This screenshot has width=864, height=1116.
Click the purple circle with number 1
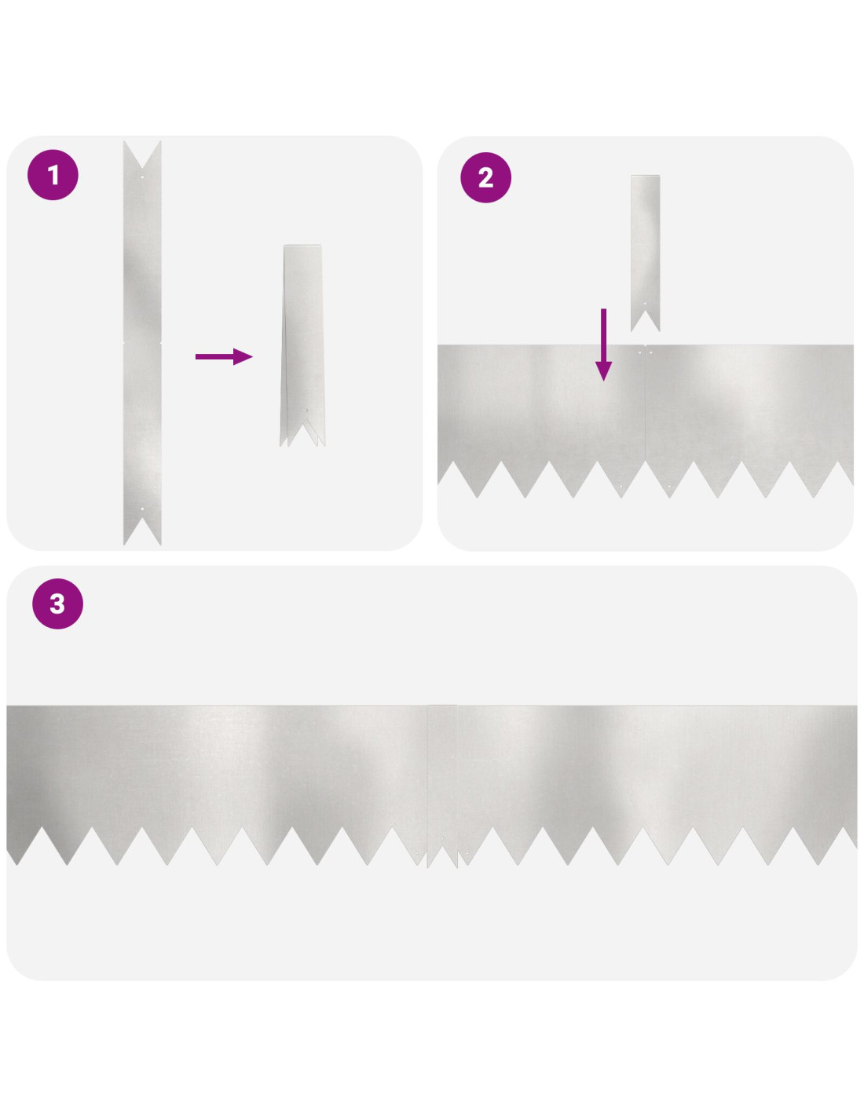click(x=53, y=174)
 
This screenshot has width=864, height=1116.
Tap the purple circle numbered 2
click(x=485, y=177)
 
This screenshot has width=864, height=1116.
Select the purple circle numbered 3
click(x=57, y=604)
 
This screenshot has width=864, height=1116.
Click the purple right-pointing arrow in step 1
click(x=224, y=356)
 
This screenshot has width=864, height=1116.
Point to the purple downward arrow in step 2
click(x=603, y=345)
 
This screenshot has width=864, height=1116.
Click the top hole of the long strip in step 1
click(x=142, y=177)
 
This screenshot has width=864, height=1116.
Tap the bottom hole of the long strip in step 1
click(x=142, y=509)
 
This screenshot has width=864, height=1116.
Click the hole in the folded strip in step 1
click(x=307, y=410)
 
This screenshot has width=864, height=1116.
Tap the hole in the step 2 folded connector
click(x=645, y=304)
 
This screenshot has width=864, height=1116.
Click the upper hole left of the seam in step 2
click(x=639, y=352)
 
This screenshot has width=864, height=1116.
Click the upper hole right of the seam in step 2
click(x=650, y=352)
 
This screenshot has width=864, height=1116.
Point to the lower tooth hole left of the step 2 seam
click(x=621, y=486)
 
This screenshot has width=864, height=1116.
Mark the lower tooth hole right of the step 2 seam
click(x=668, y=486)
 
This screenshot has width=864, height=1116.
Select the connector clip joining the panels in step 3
click(x=442, y=786)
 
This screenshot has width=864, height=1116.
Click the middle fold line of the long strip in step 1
click(x=142, y=342)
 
